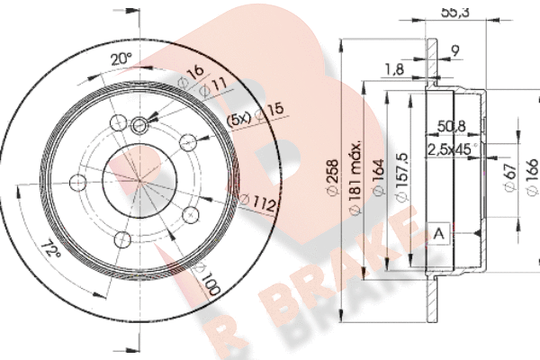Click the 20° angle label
pyautogui.click(x=121, y=58)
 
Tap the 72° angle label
pyautogui.click(x=50, y=249)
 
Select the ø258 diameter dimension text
pyautogui.click(x=333, y=178)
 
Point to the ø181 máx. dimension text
pyautogui.click(x=355, y=178)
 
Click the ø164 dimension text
pyautogui.click(x=378, y=178)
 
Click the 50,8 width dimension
pyautogui.click(x=451, y=126)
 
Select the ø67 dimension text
pyautogui.click(x=510, y=178)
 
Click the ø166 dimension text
pyautogui.click(x=533, y=177)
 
